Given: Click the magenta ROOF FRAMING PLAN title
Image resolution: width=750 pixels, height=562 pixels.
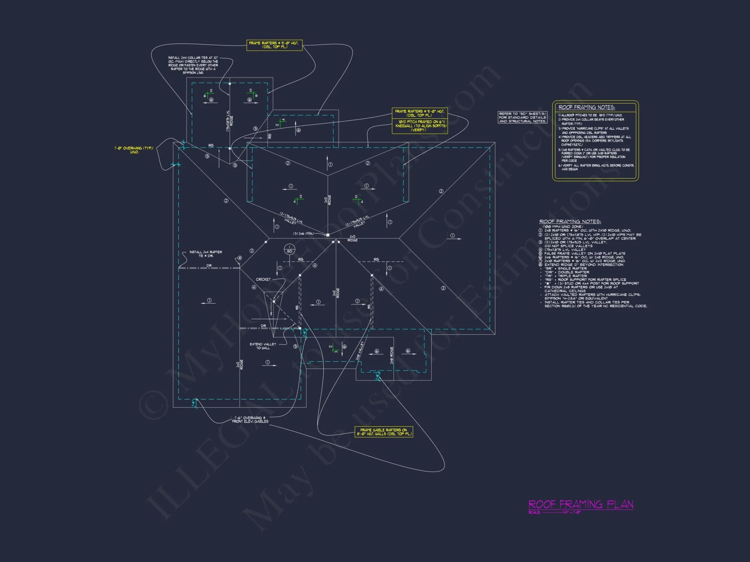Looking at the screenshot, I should (x=580, y=504).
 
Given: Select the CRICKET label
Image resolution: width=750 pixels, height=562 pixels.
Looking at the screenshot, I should (x=263, y=280).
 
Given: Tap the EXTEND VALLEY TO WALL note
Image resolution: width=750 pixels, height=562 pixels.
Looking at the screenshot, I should (x=263, y=346).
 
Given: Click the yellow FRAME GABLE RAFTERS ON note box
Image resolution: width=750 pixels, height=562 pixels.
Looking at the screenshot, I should (x=384, y=432).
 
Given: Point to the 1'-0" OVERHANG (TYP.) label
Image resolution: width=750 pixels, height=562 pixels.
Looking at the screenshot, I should (x=134, y=150).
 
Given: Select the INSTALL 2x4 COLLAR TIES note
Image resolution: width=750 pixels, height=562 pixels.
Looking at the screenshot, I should (x=193, y=65).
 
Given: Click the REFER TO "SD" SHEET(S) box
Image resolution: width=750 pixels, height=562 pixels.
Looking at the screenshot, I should (x=522, y=117).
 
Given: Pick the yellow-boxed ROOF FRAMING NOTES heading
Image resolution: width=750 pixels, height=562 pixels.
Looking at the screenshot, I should (x=586, y=108).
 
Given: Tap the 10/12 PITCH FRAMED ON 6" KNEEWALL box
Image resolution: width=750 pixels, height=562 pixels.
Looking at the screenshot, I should (x=420, y=126).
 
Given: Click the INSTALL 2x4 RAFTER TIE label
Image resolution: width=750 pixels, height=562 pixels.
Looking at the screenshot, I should (x=205, y=254).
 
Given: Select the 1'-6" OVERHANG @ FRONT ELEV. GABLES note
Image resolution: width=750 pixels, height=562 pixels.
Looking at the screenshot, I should (x=250, y=420).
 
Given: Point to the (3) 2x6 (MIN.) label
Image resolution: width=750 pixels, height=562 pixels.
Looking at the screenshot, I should (x=303, y=234).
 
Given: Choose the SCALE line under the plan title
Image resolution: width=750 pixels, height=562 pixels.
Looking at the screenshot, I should (x=554, y=513).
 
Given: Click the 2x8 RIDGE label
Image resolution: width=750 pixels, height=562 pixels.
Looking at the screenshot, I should (x=391, y=355).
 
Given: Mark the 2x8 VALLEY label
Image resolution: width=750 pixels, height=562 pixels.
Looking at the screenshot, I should (x=360, y=351).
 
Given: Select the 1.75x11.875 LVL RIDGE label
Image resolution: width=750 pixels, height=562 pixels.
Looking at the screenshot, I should (x=229, y=121).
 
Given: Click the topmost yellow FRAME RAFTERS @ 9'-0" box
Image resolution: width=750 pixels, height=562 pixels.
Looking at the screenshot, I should (x=274, y=45).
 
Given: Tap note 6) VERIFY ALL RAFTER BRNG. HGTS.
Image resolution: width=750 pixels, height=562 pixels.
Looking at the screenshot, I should (x=596, y=167).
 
